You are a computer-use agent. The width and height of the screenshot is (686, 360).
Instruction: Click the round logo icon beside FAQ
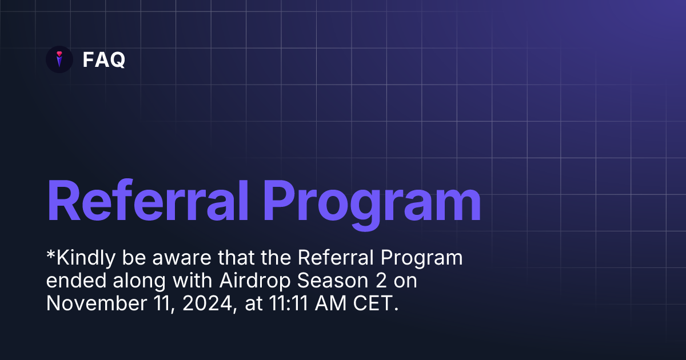click(59, 59)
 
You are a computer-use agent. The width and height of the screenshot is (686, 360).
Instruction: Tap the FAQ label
click(104, 59)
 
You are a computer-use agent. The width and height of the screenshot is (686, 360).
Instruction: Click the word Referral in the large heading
click(147, 201)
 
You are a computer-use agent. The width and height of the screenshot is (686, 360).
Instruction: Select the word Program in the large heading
click(371, 201)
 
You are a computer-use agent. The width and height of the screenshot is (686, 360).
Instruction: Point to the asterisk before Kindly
click(50, 255)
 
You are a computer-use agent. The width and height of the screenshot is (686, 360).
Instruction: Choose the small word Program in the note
click(424, 259)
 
